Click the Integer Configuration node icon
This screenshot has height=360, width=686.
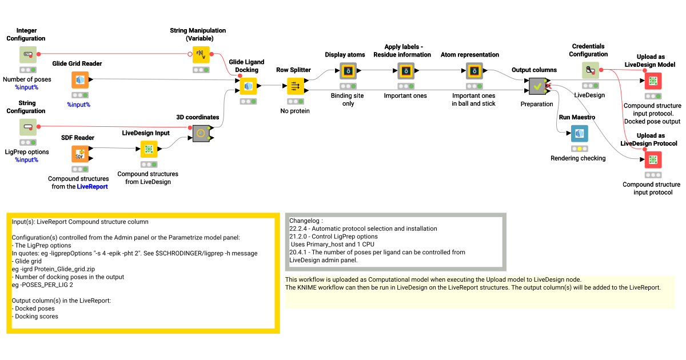(27, 55)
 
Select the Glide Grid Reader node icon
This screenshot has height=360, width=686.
(80, 80)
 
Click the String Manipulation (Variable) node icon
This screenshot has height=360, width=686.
(201, 55)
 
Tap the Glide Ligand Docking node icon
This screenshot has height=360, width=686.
(248, 86)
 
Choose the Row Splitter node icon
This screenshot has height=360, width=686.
(296, 86)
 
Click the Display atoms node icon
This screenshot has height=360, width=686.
(348, 71)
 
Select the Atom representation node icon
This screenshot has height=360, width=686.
(474, 71)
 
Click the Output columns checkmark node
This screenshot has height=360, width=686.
(537, 86)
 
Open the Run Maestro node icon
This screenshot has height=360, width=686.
(579, 133)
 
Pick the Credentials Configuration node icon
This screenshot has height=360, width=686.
(591, 70)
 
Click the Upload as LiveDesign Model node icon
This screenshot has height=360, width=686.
(653, 81)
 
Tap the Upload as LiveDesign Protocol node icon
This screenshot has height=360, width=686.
(653, 159)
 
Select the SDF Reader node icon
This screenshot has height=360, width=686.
(80, 154)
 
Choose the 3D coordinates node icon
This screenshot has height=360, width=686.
(201, 133)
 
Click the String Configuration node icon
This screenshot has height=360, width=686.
(27, 127)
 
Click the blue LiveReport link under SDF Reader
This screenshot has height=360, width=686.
(92, 187)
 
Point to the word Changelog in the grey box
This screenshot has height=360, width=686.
(305, 221)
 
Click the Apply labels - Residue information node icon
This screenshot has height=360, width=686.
(405, 71)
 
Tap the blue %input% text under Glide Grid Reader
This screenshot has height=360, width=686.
(78, 105)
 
